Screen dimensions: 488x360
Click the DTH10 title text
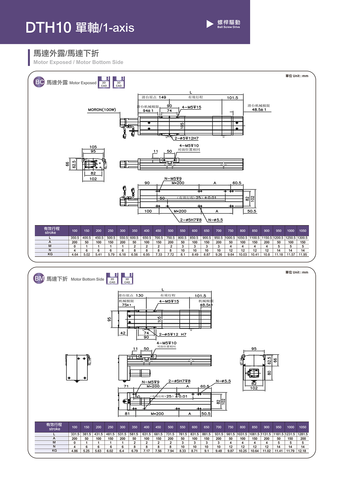[x=48, y=28]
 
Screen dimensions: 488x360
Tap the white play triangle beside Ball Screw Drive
[x=210, y=24]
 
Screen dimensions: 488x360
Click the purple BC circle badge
[x=39, y=82]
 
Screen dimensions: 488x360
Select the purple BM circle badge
[x=39, y=278]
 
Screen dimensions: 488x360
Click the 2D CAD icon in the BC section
[x=104, y=82]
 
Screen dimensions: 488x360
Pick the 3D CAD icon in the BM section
[x=127, y=279]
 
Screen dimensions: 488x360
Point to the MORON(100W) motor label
[x=102, y=110]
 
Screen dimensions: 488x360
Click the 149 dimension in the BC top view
[x=162, y=97]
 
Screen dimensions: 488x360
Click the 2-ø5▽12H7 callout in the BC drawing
[x=187, y=138]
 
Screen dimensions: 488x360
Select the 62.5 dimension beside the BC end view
[x=74, y=165]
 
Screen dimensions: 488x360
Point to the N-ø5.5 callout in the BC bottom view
[x=216, y=220]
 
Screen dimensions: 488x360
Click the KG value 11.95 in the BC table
[x=303, y=254]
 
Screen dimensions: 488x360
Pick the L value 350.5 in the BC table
[x=75, y=238]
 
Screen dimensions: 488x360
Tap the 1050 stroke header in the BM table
[x=303, y=427]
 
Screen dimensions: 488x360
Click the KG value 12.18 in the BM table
[x=302, y=451]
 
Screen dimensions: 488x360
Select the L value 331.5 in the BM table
[x=75, y=434]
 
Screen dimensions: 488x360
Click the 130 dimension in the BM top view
[x=140, y=296]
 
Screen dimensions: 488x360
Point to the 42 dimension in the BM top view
[x=123, y=333]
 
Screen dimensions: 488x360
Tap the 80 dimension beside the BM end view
[x=269, y=373]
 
